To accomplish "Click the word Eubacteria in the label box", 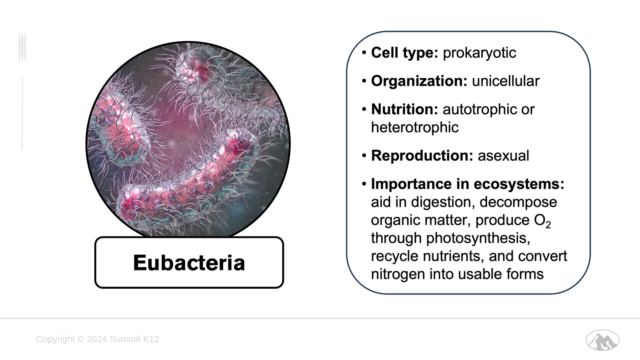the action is (x=189, y=263).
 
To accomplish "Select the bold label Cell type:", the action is (x=404, y=53).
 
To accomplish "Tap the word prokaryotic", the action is (x=479, y=53).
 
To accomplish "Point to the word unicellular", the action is (x=506, y=81).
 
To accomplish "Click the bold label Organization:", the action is (x=419, y=81).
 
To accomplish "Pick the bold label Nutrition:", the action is (x=404, y=109).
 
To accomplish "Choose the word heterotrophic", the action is (x=415, y=127).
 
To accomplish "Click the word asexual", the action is (x=503, y=156).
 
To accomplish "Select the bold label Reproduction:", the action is (x=422, y=156).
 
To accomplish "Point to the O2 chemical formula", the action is (x=543, y=221).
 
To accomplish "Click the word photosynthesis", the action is (x=478, y=238).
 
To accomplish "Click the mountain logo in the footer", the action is (x=602, y=340).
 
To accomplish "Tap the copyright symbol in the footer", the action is (x=81, y=339).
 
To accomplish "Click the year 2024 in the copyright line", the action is (x=97, y=339).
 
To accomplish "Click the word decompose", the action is (x=518, y=202).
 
